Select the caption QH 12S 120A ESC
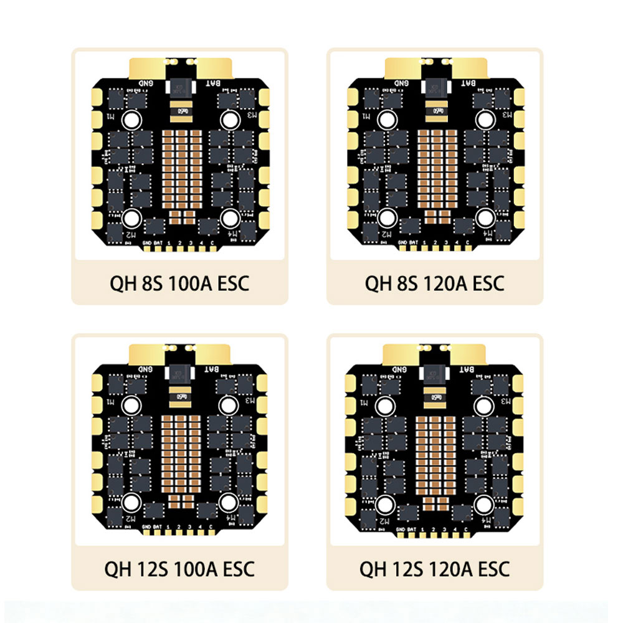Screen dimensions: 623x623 434,569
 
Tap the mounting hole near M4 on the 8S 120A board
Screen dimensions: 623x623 485,217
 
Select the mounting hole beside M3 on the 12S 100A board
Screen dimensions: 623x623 229,406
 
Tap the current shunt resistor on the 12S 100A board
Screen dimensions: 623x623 180,396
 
